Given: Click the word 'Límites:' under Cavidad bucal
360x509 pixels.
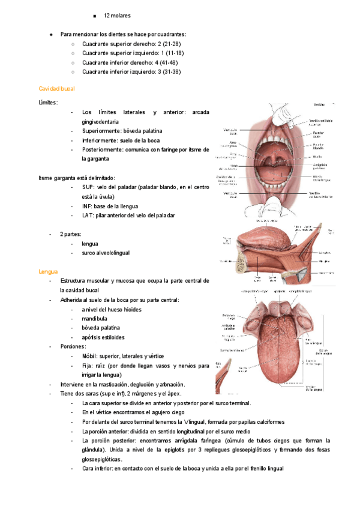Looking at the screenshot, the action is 48,103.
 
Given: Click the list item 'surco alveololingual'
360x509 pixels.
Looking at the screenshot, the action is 106,253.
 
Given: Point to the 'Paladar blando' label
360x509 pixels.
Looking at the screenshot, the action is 318,147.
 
